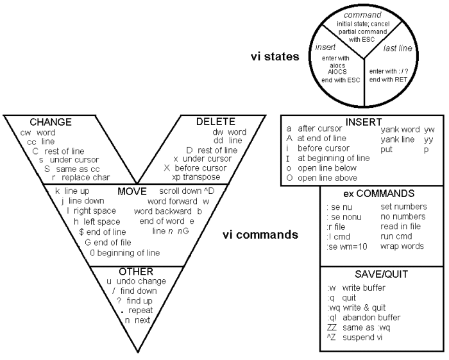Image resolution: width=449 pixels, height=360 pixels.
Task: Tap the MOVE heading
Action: pyautogui.click(x=133, y=191)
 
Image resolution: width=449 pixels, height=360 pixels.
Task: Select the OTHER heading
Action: pyautogui.click(x=136, y=272)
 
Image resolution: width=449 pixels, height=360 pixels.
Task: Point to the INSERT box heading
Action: pyautogui.click(x=363, y=121)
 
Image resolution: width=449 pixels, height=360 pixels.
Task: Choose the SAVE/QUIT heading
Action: pyautogui.click(x=381, y=274)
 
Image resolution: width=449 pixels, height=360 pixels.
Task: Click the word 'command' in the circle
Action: pyautogui.click(x=362, y=14)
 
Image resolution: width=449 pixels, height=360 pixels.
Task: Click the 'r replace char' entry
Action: pyautogui.click(x=81, y=177)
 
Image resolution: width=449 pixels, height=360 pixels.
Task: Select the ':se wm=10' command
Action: pyautogui.click(x=347, y=246)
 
